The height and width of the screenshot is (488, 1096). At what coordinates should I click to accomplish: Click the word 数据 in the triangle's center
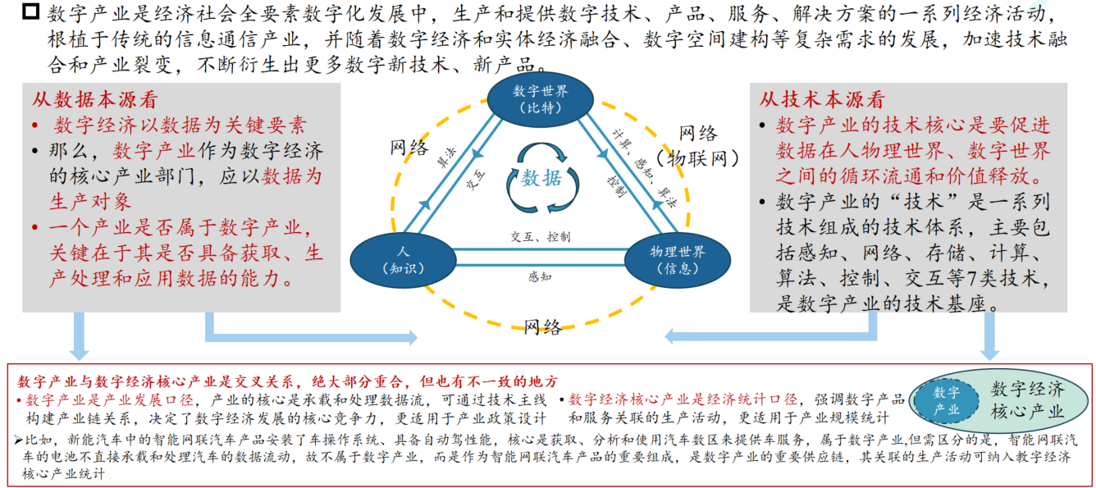pos(542,178)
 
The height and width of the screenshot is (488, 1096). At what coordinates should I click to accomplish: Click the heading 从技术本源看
pos(821,100)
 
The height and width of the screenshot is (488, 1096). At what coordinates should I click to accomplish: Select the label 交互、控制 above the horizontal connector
pos(540,236)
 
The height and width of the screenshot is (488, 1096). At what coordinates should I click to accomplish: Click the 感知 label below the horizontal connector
pos(540,276)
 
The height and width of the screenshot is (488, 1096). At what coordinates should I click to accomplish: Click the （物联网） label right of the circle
pos(697,157)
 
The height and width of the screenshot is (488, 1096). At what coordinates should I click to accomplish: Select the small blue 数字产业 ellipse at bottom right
pos(946,400)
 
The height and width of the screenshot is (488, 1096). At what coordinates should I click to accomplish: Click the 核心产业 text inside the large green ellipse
pos(1026,411)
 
